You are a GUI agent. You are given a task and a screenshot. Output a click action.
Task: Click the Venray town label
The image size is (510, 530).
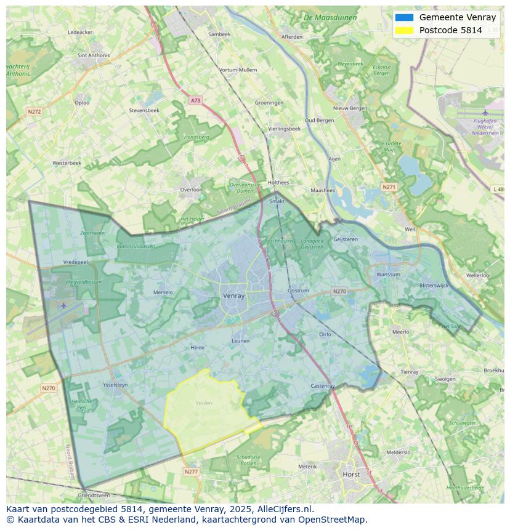pyautogui.click(x=233, y=295)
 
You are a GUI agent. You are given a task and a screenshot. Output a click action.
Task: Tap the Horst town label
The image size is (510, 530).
pyautogui.click(x=352, y=475)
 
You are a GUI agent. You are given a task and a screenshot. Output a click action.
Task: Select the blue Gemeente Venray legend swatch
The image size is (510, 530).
pyautogui.click(x=405, y=17)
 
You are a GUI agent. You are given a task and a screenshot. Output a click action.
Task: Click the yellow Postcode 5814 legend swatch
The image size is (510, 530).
pyautogui.click(x=405, y=30)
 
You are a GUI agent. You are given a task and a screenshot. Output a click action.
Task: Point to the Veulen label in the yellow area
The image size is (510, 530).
pyautogui.click(x=203, y=403)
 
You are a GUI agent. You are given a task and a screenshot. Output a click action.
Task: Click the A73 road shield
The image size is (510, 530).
pyautogui.click(x=195, y=100)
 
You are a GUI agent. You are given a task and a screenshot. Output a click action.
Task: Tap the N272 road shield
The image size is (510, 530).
pyautogui.click(x=34, y=111)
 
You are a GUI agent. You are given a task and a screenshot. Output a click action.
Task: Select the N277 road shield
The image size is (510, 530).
pyautogui.click(x=191, y=472)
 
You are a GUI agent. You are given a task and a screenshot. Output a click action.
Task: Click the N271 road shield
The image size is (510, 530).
pyautogui.click(x=389, y=187)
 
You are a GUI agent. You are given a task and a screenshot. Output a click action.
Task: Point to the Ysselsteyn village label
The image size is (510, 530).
pyautogui.click(x=115, y=385)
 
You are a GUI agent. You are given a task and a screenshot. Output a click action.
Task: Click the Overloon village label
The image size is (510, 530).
pyautogui.click(x=191, y=190)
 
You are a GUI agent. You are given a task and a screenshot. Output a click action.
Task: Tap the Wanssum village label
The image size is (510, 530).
pyautogui.click(x=388, y=275)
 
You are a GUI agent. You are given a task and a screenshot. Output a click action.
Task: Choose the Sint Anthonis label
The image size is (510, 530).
pyautogui.click(x=94, y=55)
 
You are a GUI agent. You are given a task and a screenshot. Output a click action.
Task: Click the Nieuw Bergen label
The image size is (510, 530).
pyautogui.click(x=350, y=108)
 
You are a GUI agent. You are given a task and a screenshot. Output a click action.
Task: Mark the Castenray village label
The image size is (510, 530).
pyautogui.click(x=323, y=386)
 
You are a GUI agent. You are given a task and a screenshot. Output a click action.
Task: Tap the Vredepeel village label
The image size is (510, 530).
pyautogui.click(x=76, y=262)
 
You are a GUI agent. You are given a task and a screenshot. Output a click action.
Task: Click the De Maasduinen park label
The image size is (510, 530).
pyautogui.click(x=330, y=18)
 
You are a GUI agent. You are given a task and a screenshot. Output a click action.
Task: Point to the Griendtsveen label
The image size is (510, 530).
pyautogui.click(x=94, y=495)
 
